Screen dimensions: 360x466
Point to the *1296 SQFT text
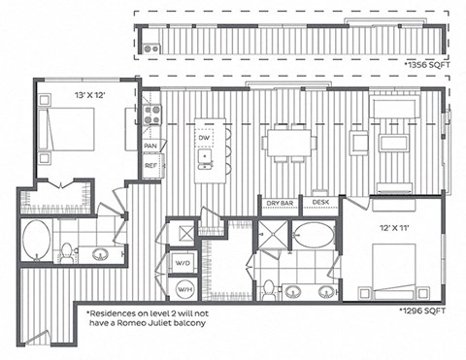tap(430, 312)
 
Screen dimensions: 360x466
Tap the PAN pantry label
tap(150, 146)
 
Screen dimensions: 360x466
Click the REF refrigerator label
tap(150, 166)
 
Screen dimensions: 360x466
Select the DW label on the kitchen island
tap(205, 140)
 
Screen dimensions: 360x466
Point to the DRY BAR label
tap(280, 202)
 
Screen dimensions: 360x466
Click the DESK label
tap(319, 202)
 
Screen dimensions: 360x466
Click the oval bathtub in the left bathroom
tap(37, 235)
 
